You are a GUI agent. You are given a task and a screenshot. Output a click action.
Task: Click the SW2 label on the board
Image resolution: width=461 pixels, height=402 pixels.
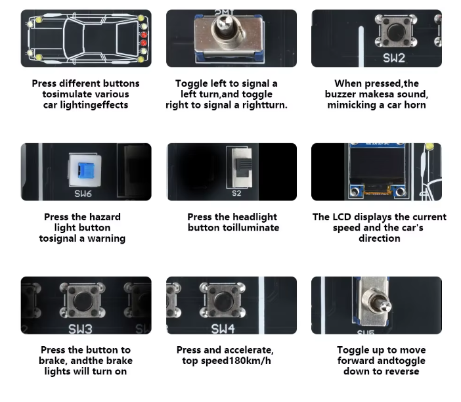[394, 58]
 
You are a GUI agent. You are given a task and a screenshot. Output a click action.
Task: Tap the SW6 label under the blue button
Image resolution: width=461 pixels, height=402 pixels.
[83, 194]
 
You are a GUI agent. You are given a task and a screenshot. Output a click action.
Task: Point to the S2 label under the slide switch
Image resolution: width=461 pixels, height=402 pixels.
[236, 193]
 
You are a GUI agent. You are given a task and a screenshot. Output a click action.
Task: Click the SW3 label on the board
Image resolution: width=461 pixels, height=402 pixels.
[80, 329]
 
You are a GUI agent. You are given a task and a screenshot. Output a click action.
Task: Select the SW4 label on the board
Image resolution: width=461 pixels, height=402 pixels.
[223, 329]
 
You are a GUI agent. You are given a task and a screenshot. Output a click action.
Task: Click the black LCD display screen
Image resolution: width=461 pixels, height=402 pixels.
[378, 166]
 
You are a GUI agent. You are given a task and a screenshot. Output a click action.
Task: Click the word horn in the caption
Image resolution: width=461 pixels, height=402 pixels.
[415, 105]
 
